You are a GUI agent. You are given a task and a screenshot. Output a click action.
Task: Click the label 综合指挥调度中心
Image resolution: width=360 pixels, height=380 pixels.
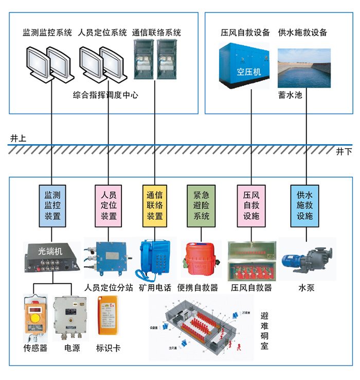105,95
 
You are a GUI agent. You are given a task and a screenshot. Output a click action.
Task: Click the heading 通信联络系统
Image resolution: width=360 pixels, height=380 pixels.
156,33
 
